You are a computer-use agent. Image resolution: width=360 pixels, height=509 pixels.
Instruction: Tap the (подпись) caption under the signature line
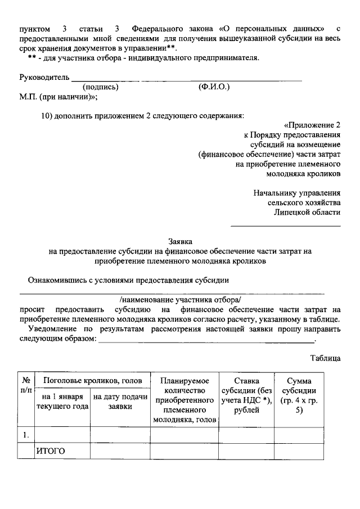point(101,87)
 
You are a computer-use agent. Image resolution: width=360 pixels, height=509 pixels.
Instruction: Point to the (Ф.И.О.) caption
point(214,87)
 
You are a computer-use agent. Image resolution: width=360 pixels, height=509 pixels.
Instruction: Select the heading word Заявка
point(181,240)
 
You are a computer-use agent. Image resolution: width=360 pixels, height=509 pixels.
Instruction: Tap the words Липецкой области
point(307,211)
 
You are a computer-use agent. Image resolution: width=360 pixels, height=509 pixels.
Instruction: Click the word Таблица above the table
point(325,357)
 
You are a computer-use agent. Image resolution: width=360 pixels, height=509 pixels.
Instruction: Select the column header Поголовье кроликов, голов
point(92,380)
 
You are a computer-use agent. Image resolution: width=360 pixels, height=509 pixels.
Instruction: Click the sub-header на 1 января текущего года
point(62,402)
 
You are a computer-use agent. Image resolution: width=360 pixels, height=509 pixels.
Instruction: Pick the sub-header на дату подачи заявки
point(120,402)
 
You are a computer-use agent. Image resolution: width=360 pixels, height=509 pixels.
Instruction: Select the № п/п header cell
point(26,385)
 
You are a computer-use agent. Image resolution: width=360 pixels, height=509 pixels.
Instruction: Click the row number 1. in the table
point(26,435)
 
